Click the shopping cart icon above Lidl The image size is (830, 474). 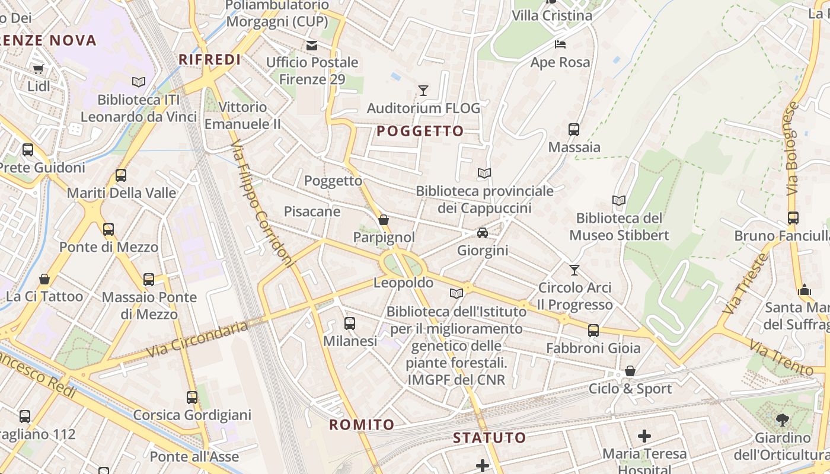(x=39, y=69)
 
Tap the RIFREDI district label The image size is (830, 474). (x=210, y=59)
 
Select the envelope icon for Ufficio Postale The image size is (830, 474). (x=311, y=46)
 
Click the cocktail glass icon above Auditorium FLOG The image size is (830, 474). (x=423, y=91)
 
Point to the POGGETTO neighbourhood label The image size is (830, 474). (x=420, y=131)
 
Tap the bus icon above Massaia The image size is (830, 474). (x=574, y=130)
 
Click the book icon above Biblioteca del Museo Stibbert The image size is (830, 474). (x=619, y=201)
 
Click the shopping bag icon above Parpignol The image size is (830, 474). (x=384, y=220)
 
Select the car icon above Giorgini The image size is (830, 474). (x=483, y=233)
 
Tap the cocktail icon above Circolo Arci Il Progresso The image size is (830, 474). (x=574, y=270)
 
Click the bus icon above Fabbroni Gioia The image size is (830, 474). (x=593, y=331)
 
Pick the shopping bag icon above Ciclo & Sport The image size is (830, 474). (x=630, y=371)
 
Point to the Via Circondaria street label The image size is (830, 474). (x=197, y=340)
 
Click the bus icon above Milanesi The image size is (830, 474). (x=350, y=324)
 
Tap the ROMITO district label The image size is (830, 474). (x=362, y=424)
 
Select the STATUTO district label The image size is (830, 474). (x=489, y=438)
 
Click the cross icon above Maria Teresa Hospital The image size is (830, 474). (x=644, y=437)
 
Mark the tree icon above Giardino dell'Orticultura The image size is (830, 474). (x=783, y=420)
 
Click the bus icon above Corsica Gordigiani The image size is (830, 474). (x=192, y=397)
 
